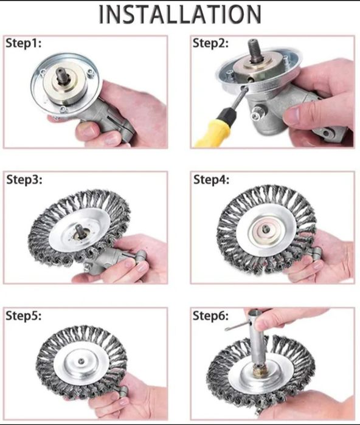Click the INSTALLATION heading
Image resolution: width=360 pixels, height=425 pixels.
180,14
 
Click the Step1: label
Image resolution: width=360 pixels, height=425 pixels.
24,43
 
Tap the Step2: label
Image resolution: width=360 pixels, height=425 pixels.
210,43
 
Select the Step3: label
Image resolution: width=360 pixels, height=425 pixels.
24,179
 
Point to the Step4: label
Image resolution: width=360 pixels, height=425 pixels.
211,179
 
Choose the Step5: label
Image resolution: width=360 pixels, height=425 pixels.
24,316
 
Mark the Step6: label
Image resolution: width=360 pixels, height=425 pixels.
210,316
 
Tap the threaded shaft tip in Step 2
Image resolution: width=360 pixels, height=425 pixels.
255,50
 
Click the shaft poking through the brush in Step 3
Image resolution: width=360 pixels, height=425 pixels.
80,231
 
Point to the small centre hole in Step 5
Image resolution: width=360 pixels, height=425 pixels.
81,361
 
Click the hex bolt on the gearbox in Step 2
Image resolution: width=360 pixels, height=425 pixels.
256,116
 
